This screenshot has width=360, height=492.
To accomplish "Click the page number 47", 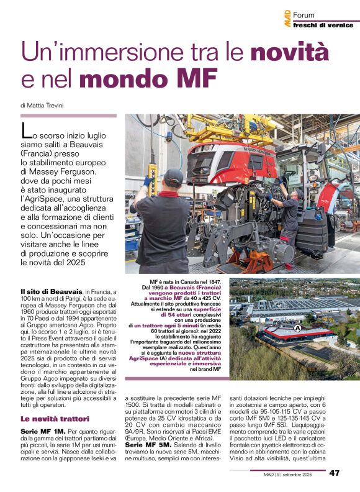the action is [334, 473].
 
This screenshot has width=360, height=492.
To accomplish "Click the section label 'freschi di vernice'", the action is [318, 25].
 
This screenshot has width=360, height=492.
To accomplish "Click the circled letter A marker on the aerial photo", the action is [297, 327].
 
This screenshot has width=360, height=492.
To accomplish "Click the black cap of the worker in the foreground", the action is [173, 176].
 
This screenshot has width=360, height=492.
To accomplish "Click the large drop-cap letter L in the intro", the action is [26, 130].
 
